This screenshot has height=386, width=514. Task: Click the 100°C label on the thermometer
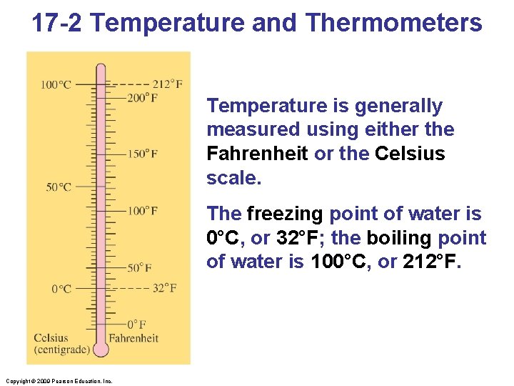(x=56, y=84)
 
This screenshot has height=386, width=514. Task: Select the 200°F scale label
(x=143, y=97)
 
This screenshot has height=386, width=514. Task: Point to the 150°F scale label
(x=143, y=154)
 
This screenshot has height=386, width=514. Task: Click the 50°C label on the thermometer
(x=59, y=187)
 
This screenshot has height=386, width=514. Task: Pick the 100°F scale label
(x=143, y=211)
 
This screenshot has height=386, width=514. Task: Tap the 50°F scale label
(x=139, y=268)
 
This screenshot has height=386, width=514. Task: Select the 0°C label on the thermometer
(x=61, y=289)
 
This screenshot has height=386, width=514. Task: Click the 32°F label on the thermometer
(x=164, y=288)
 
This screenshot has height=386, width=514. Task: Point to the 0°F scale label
(x=137, y=325)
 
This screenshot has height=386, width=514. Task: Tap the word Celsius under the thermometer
(x=51, y=338)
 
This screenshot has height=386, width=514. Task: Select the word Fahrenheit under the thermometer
(x=133, y=338)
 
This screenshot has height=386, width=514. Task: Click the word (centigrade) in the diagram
(x=62, y=350)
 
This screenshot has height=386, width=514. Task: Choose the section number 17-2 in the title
(x=58, y=23)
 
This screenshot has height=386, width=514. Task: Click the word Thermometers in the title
(x=394, y=23)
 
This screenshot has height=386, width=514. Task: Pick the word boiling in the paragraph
(x=399, y=238)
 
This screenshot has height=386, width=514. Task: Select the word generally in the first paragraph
(x=397, y=106)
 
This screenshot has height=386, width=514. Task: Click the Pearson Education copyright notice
(x=57, y=381)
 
